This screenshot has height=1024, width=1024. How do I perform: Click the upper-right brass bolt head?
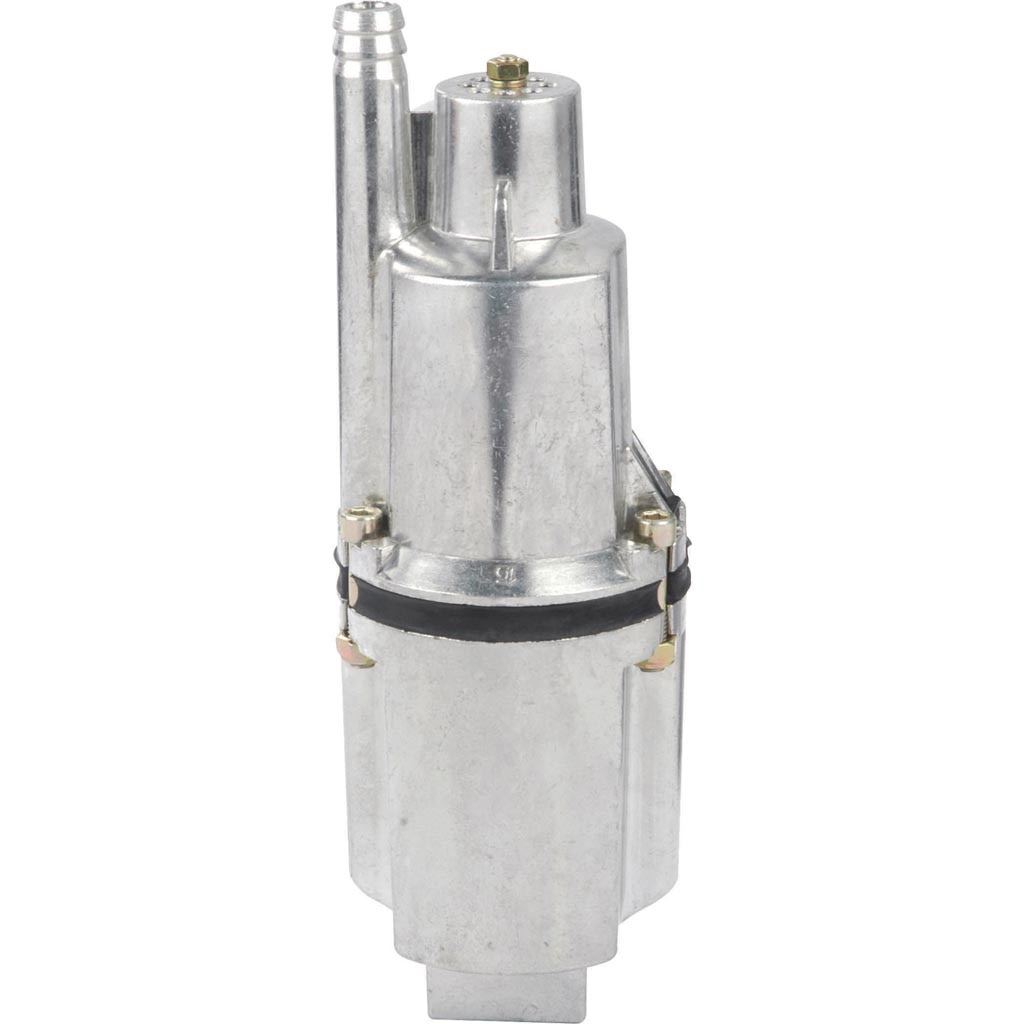pyautogui.click(x=654, y=525)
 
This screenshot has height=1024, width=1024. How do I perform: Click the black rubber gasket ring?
pyautogui.click(x=500, y=612)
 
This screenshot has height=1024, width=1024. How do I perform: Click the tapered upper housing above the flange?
pyautogui.click(x=505, y=400)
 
